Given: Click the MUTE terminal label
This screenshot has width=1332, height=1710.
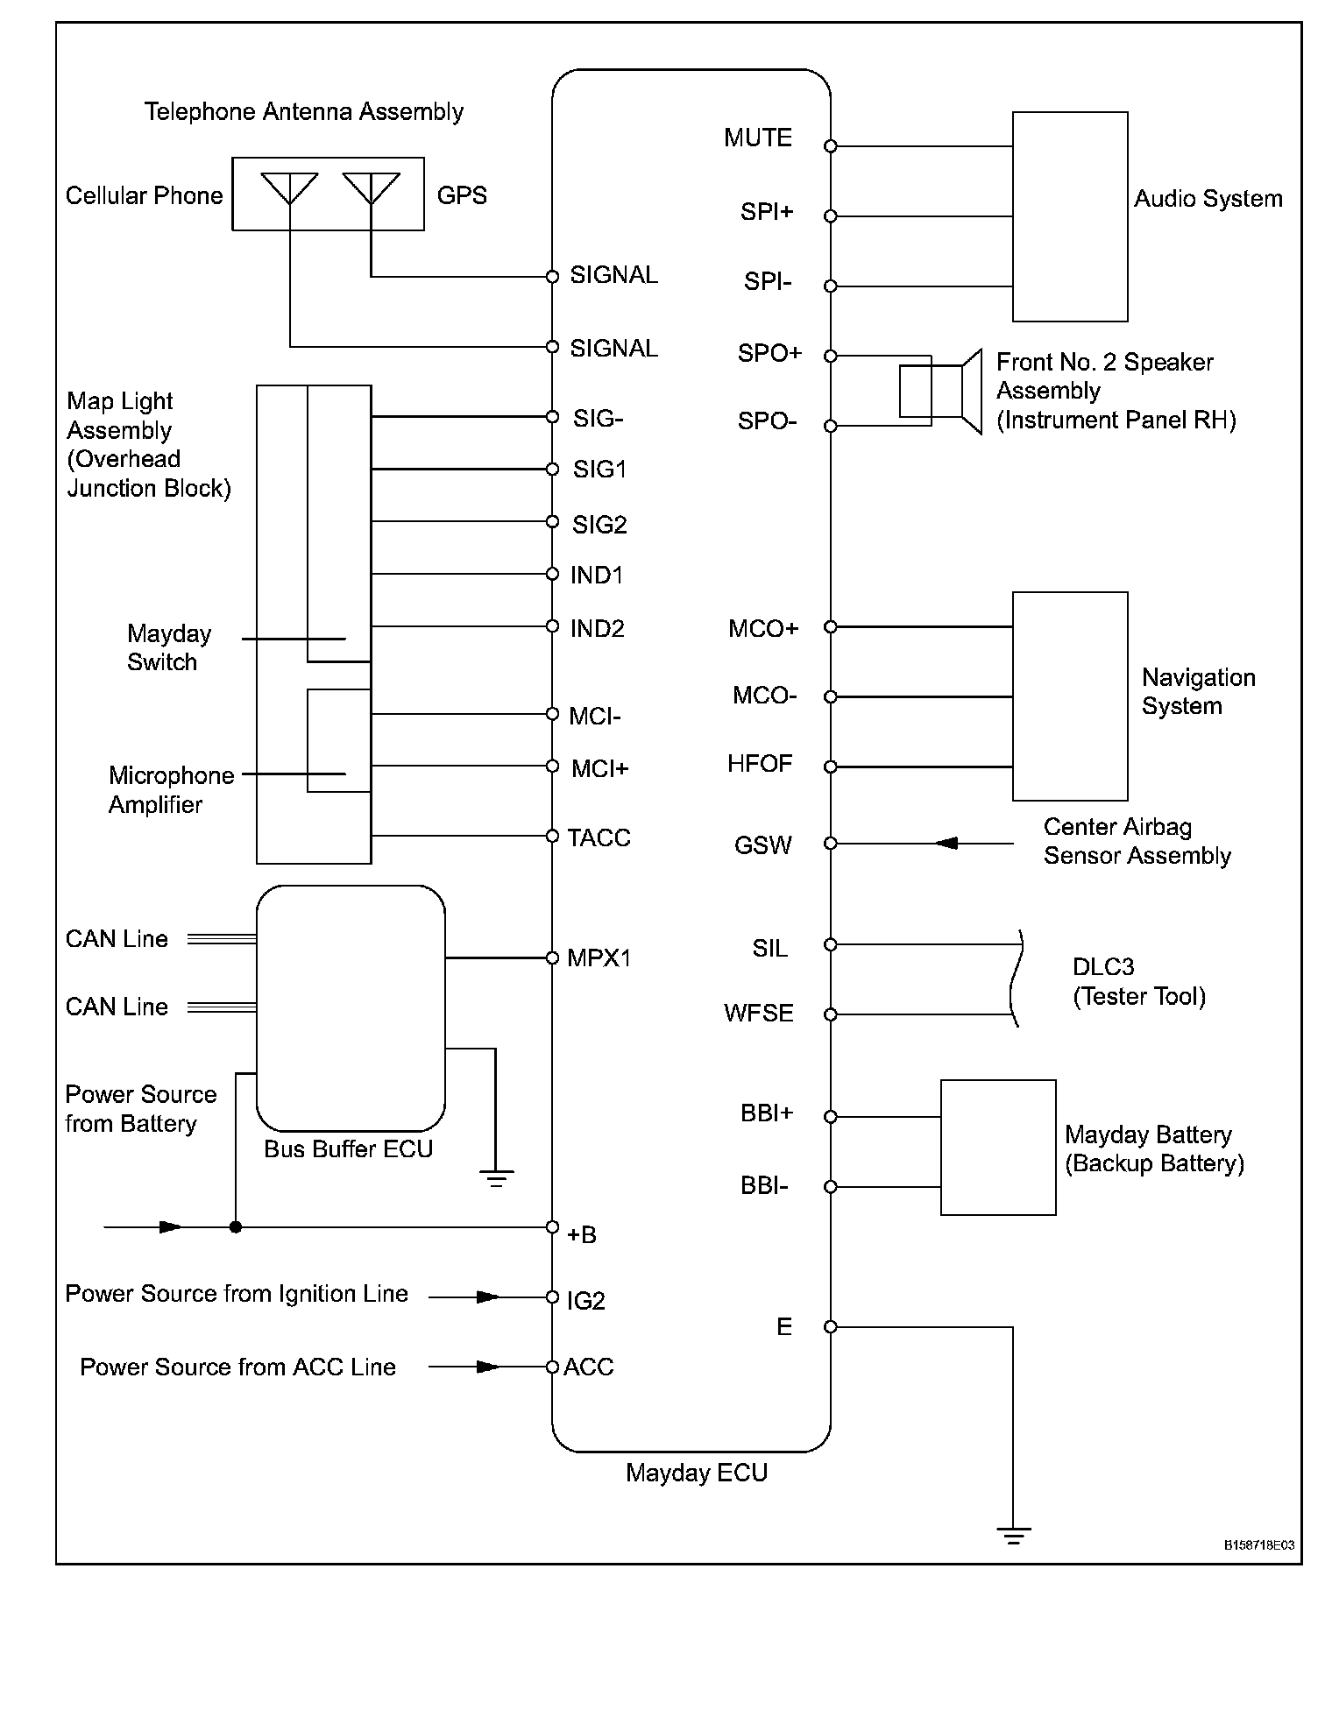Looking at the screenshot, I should click(757, 138).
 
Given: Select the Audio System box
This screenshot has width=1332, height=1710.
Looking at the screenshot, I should click(1069, 216).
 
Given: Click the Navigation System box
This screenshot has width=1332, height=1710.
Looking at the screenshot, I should click(1069, 696).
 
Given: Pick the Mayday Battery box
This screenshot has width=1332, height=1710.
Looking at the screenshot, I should click(997, 1147).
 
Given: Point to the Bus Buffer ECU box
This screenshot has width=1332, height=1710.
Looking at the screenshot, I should click(350, 1007).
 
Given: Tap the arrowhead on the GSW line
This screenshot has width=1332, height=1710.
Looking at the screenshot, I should click(946, 844).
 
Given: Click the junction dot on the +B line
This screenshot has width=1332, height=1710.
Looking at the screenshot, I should click(235, 1227).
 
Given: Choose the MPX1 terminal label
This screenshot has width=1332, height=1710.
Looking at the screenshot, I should click(599, 957).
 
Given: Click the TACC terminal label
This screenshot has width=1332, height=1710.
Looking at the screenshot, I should click(599, 838).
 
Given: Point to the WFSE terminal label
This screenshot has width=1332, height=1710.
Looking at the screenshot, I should click(758, 1014).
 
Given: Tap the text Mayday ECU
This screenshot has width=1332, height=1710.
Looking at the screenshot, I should click(696, 1473).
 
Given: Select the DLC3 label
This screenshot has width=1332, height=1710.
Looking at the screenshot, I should click(1102, 967).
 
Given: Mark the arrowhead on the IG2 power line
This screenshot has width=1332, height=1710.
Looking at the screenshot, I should click(487, 1297).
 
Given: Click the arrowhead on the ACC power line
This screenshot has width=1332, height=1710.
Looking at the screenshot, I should click(487, 1367).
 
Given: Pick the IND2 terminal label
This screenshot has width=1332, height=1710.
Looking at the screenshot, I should click(597, 629).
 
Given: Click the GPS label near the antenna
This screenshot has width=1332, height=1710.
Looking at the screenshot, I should click(461, 195).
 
